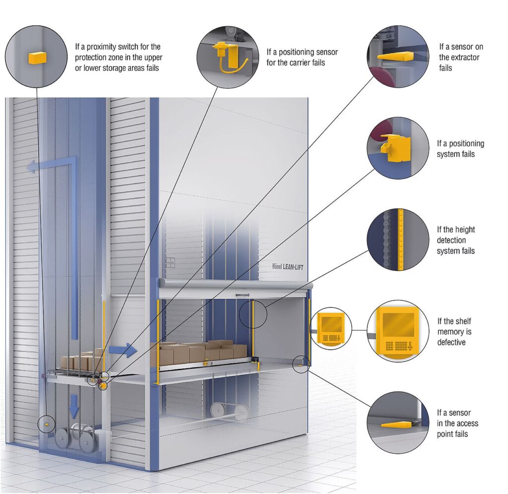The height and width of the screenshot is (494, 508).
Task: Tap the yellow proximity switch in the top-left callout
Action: click(x=37, y=58)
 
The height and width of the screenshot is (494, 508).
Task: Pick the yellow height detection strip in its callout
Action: click(x=401, y=240)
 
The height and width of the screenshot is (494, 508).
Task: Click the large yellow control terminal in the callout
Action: click(x=395, y=330)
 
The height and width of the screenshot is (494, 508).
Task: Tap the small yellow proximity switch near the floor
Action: click(x=46, y=424)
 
